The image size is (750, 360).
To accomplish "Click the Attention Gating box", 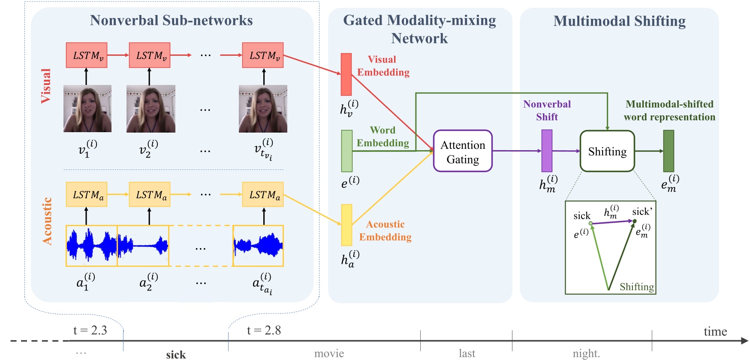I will pos(463,151).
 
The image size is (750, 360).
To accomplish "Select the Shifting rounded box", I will pos(607,151).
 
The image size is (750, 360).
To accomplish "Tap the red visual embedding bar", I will pos(346,74).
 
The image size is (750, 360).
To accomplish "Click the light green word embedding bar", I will pos(346,151).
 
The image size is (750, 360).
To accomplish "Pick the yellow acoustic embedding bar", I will pos(346,225).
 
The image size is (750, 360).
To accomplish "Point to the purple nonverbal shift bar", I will pos(547,151).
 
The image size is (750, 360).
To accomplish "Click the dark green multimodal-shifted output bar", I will pos(669,151).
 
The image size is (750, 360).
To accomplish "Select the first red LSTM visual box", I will pos(87,55).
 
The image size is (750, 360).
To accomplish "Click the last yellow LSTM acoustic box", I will pos(263,195).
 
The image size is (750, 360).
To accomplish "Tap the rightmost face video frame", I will pos(263,109).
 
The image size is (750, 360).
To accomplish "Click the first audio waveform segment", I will pos(91,246).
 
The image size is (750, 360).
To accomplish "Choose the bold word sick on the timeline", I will pos(176,354).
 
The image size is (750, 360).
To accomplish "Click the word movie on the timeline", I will pos(329,353).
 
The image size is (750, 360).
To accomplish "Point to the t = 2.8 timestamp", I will pos(264,330).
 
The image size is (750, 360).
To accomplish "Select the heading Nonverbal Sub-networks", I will pos(171,20).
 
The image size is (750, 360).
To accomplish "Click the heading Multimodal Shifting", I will pos(619,21).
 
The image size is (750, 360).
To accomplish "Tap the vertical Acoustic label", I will pos(47,221).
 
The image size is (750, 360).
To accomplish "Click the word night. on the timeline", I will pos(586,353).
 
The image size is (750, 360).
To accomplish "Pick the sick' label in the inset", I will pos(642,212).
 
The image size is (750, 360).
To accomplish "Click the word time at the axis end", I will pos(715,331).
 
